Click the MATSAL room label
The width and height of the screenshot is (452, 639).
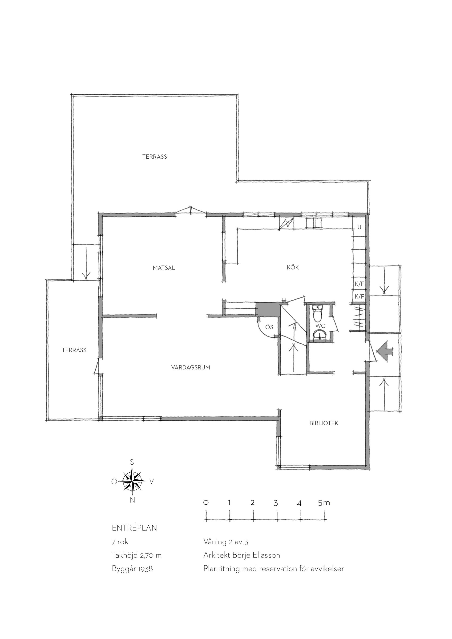(x=164, y=268)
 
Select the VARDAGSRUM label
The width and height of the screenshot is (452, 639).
(x=191, y=367)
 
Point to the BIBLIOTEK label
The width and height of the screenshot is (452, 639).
(x=324, y=423)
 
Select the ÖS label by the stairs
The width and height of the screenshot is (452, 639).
(x=269, y=327)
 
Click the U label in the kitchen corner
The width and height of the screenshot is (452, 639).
(x=359, y=227)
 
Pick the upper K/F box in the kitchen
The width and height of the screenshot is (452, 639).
(x=359, y=284)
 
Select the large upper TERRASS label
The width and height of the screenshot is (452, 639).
(x=155, y=157)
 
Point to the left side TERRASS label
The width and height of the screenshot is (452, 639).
(x=74, y=350)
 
